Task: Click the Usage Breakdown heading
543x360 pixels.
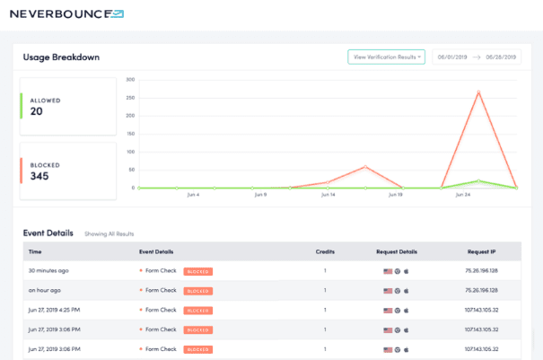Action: [61, 57]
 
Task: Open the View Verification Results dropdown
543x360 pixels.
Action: [386, 57]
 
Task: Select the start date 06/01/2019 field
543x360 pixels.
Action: [452, 57]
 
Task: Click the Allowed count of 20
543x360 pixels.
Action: [37, 111]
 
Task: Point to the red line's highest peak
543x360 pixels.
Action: [478, 91]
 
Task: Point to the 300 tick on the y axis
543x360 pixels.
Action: [130, 79]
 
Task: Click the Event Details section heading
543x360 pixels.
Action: [49, 233]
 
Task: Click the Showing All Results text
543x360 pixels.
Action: [109, 233]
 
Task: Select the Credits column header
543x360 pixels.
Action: [325, 252]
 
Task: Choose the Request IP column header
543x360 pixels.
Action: [482, 252]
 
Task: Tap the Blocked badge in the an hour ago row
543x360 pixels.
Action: [197, 291]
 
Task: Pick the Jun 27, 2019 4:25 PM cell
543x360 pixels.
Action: [55, 311]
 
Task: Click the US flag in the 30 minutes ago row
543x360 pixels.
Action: [388, 270]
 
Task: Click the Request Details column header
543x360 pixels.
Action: [396, 252]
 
